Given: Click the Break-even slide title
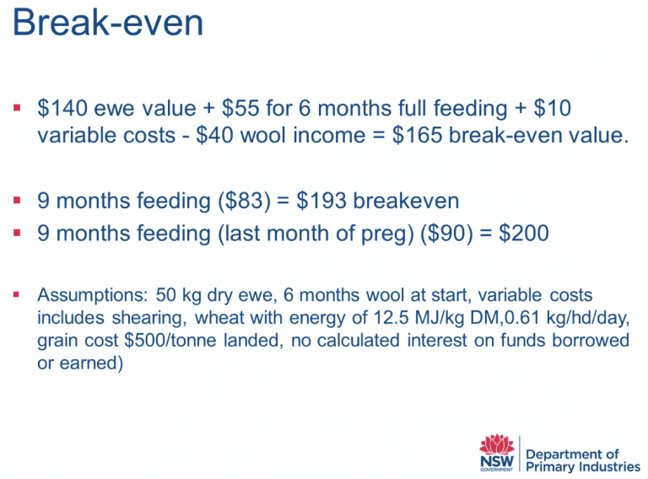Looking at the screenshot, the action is [108, 22].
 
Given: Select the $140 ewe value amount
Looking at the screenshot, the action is [62, 108].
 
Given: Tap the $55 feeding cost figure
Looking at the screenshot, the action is [240, 108].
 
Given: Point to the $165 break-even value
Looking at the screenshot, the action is [418, 135].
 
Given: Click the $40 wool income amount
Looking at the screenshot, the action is [214, 135].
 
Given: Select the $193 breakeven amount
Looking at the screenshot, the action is [321, 201].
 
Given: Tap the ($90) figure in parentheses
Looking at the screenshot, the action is [446, 234].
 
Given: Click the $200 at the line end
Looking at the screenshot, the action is [524, 234].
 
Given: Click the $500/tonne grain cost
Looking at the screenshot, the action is [170, 341].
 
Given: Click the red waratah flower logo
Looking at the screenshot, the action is [497, 444].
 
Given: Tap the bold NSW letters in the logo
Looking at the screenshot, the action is [497, 460].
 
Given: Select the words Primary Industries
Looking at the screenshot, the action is [583, 467].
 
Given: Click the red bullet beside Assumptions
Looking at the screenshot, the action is [17, 295].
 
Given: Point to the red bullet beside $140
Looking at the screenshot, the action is [17, 108].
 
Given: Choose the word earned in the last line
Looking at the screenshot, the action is [89, 363].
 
